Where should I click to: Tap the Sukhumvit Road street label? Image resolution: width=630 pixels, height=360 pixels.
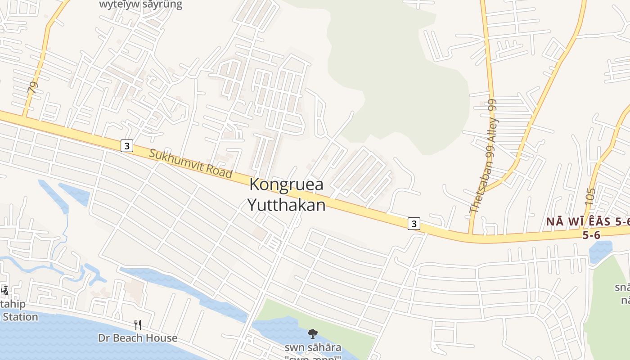click(190, 163)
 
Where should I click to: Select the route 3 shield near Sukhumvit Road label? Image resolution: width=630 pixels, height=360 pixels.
click(127, 146)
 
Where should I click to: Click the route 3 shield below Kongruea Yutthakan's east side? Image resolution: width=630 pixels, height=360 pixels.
click(414, 224)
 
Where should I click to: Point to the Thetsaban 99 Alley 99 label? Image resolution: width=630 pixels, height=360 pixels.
click(483, 156)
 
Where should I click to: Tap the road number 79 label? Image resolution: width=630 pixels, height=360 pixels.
click(32, 87)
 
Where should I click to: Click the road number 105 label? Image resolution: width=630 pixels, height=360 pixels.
click(591, 197)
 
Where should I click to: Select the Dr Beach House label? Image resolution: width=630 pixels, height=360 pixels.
click(138, 338)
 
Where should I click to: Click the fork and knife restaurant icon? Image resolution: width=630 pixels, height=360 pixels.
click(138, 325)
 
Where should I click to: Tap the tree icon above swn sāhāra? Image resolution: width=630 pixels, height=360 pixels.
click(312, 334)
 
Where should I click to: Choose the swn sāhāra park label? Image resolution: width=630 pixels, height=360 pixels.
click(312, 348)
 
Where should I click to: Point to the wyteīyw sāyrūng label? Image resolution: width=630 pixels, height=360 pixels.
click(141, 5)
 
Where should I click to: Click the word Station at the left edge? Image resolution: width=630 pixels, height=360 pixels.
click(20, 317)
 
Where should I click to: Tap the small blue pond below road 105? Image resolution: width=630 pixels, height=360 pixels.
click(600, 251)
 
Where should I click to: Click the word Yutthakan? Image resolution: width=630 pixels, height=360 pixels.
click(287, 205)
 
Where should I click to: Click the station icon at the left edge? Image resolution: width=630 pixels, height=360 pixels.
click(4, 291)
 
